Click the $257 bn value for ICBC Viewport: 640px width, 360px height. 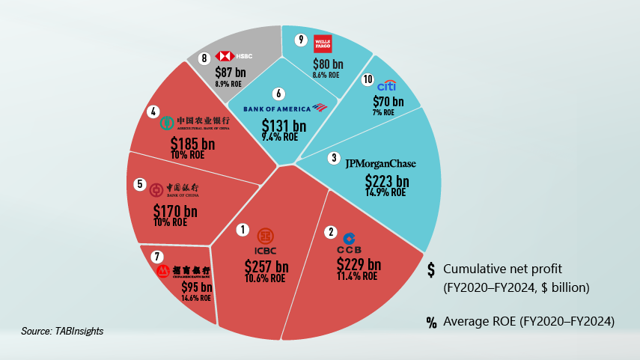click(266, 266)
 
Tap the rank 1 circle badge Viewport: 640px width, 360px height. click(241, 229)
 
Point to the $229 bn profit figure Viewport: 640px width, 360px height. click(359, 264)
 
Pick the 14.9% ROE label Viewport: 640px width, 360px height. click(387, 192)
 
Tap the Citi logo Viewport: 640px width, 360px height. click(387, 86)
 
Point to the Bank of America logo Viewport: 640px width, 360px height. click(287, 109)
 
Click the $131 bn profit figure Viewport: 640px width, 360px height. click(284, 126)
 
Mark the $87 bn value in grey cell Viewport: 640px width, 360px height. click(230, 73)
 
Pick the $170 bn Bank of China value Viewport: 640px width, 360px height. click(174, 212)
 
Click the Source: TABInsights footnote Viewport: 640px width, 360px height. click(61, 330)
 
